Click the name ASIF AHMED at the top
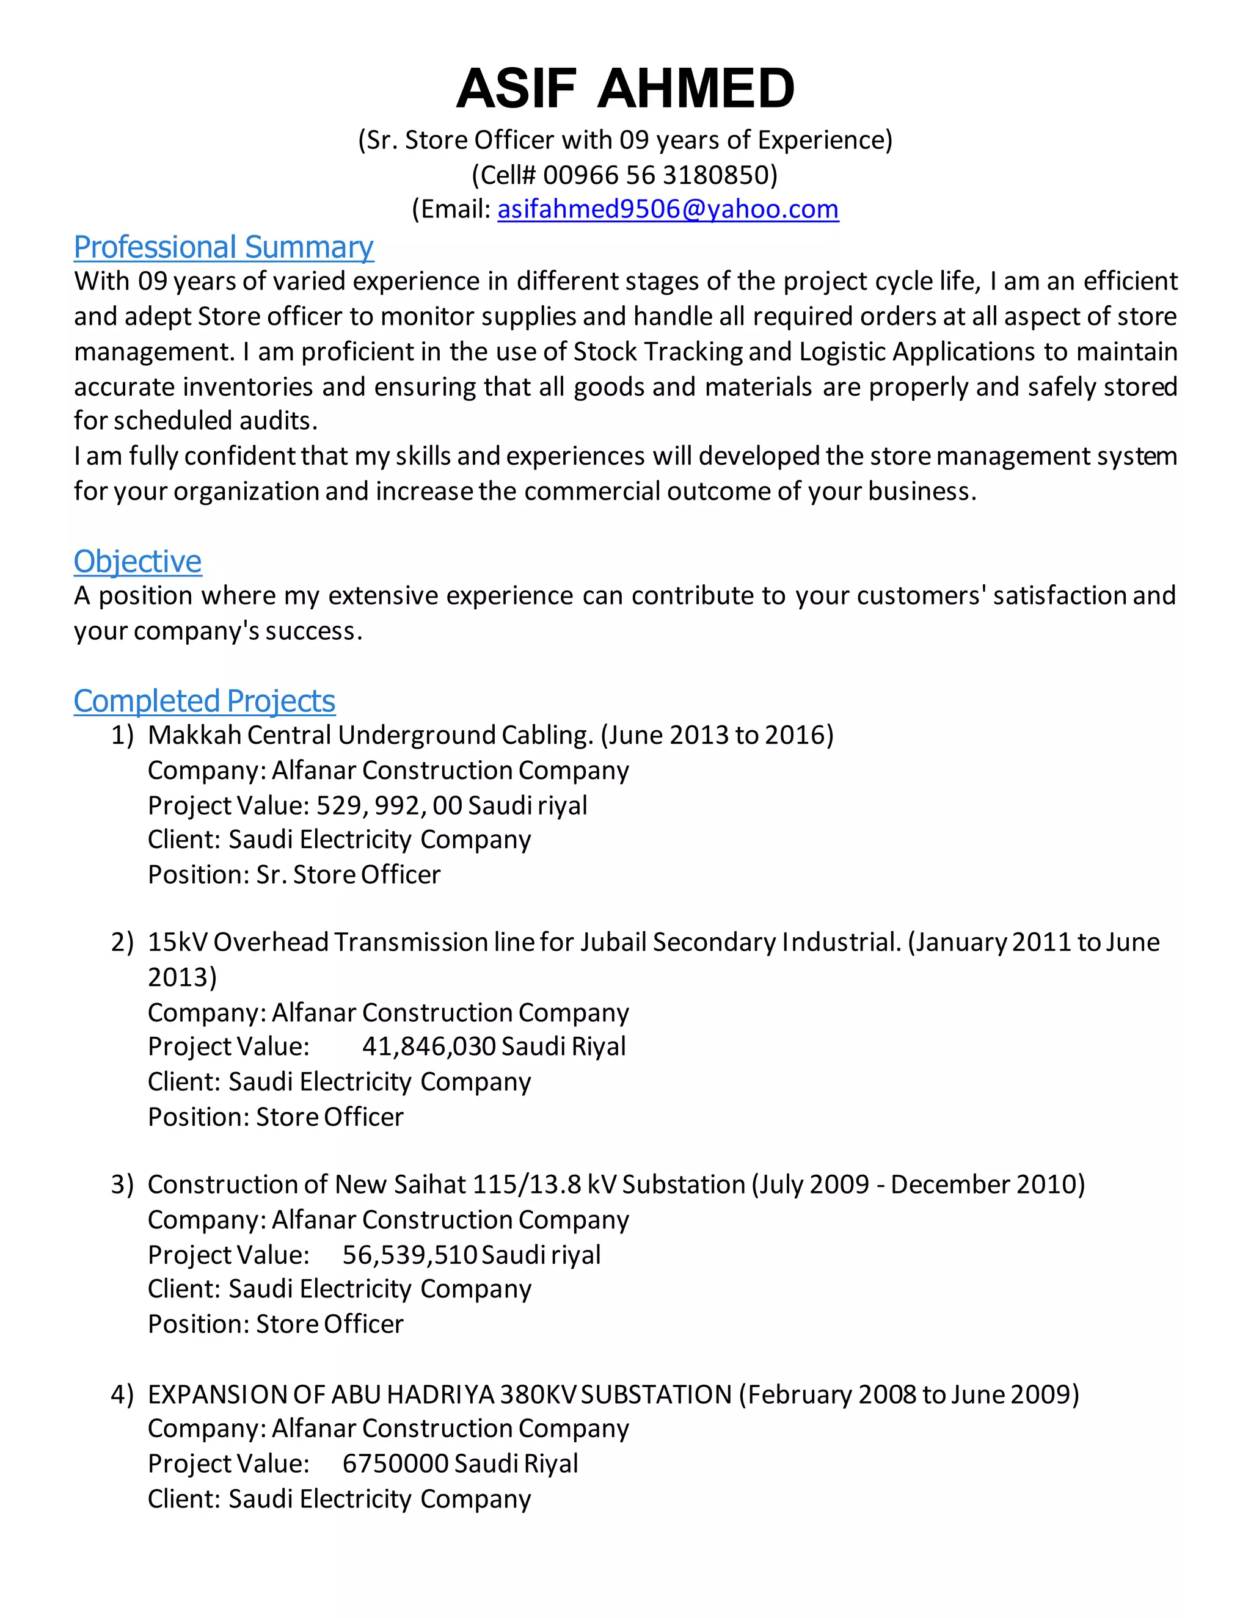(625, 88)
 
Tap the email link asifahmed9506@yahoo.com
(668, 209)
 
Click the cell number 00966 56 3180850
(657, 175)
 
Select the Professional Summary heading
(223, 247)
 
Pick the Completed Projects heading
(204, 701)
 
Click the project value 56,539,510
(409, 1254)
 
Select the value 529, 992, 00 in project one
(389, 805)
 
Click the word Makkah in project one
(194, 735)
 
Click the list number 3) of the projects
(122, 1184)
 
